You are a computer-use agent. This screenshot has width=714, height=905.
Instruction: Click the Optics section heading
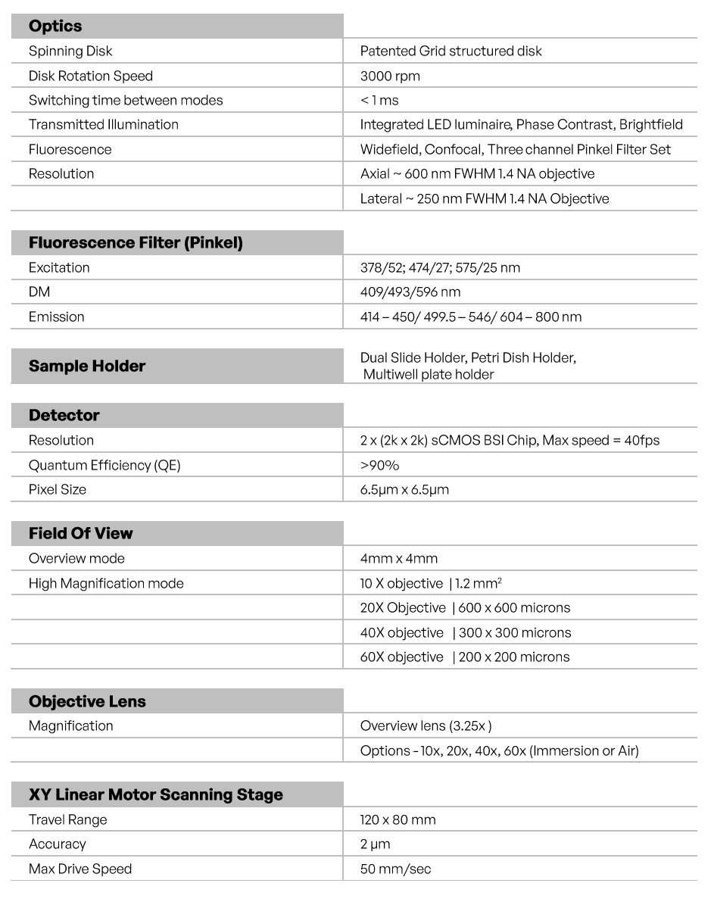click(55, 27)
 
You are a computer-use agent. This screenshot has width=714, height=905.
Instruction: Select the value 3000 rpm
click(390, 76)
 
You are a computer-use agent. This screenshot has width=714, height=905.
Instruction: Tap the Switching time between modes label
click(126, 100)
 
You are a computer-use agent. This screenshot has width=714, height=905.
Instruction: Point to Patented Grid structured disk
click(451, 51)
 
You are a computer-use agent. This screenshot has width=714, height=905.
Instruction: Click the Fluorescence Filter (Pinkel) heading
click(136, 243)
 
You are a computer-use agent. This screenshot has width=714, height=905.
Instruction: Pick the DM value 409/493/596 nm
click(410, 292)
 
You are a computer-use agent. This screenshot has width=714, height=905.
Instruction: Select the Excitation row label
click(59, 267)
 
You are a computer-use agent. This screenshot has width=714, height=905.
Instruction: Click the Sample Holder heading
click(87, 366)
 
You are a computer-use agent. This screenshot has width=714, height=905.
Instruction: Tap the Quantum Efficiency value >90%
click(379, 465)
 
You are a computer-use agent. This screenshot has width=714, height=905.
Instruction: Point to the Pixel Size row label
click(58, 489)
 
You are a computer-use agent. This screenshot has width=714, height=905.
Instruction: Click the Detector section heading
click(64, 415)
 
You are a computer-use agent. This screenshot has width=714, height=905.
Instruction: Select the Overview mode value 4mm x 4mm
click(399, 558)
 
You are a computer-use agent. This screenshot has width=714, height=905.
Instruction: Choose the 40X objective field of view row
click(466, 632)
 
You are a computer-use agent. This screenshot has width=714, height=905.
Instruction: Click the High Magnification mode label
click(106, 583)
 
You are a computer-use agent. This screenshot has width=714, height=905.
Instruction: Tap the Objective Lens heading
click(87, 701)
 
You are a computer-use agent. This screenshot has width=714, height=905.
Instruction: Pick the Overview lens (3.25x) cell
click(426, 726)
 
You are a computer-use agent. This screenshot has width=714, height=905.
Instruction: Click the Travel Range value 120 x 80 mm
click(398, 819)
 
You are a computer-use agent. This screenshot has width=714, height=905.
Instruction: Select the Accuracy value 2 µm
click(376, 844)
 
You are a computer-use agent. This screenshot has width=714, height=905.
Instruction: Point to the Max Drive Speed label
click(80, 869)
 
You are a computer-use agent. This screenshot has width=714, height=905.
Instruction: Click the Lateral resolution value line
click(485, 198)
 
